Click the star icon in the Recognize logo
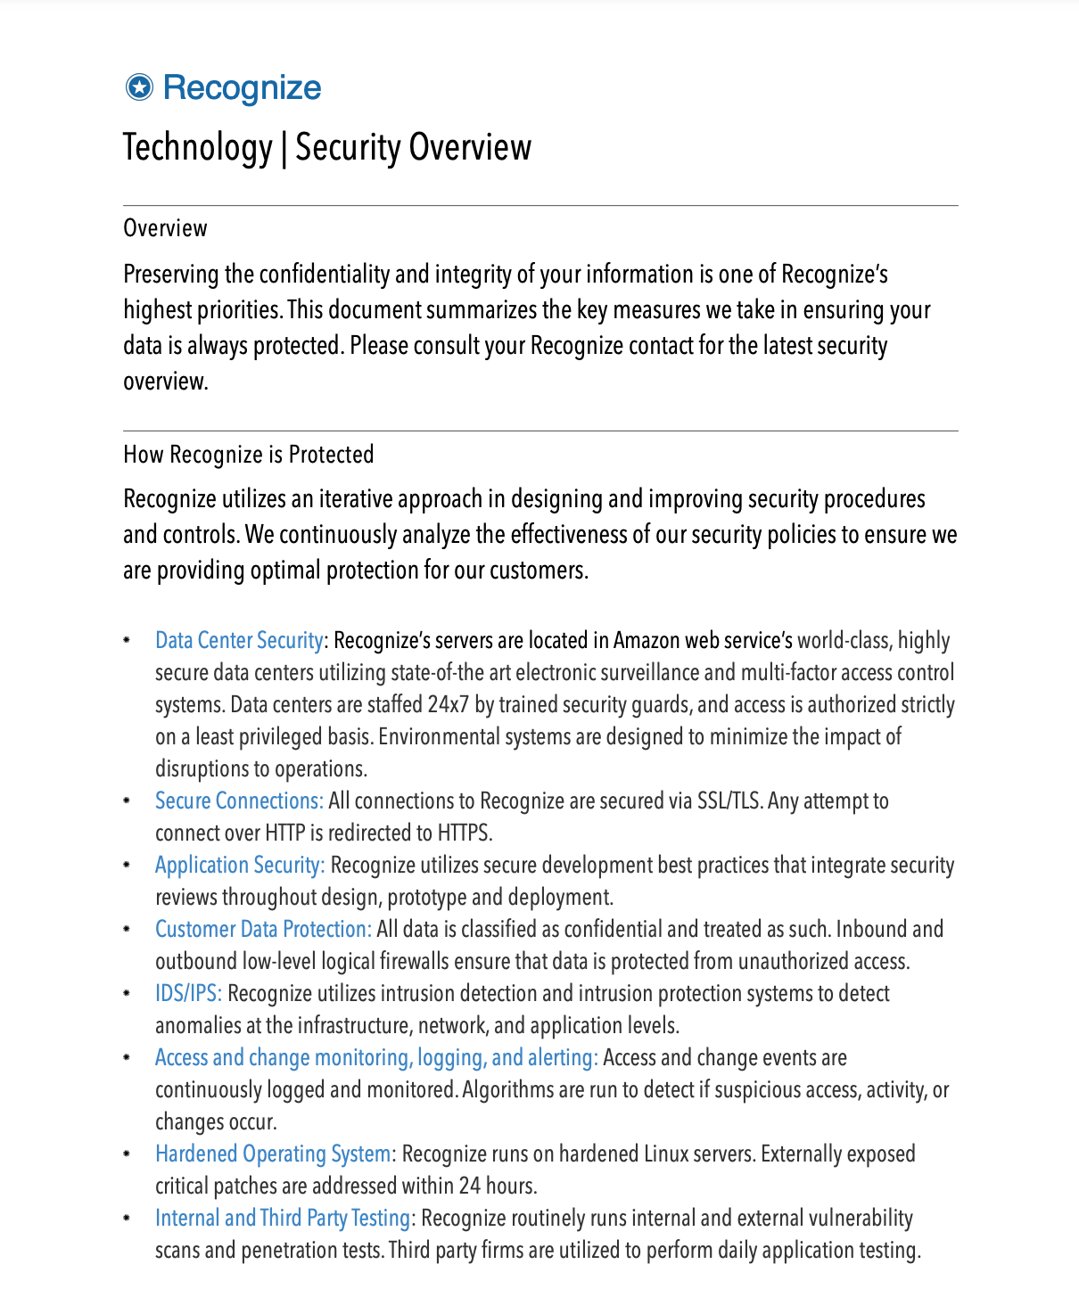(139, 87)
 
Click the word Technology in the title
(197, 148)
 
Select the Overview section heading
(165, 228)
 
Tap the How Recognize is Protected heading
(248, 455)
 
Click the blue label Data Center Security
(238, 640)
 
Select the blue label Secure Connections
(239, 800)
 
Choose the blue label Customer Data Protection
(263, 929)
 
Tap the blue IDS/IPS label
(188, 993)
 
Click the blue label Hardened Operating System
(273, 1154)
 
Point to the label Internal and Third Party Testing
(283, 1218)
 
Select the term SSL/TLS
(729, 800)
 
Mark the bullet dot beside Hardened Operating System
(128, 1154)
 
